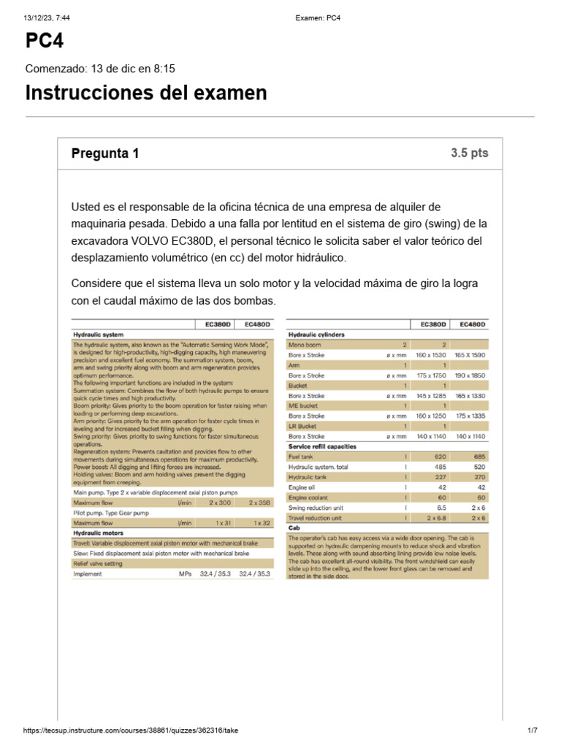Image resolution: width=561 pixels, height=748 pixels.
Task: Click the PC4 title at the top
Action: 45,42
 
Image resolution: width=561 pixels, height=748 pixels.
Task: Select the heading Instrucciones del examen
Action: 146,93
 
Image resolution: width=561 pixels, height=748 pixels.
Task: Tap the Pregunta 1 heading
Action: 104,153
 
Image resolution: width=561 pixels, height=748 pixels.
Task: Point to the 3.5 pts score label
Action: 469,153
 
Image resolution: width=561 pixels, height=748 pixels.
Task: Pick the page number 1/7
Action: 532,730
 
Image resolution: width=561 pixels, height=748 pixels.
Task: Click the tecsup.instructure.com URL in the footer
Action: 131,730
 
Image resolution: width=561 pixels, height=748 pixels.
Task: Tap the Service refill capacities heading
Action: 322,446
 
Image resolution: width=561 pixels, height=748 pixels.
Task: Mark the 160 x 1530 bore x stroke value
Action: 430,354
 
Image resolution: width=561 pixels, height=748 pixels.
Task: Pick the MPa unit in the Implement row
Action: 184,574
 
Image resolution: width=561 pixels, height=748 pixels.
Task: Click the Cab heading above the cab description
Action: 294,527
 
